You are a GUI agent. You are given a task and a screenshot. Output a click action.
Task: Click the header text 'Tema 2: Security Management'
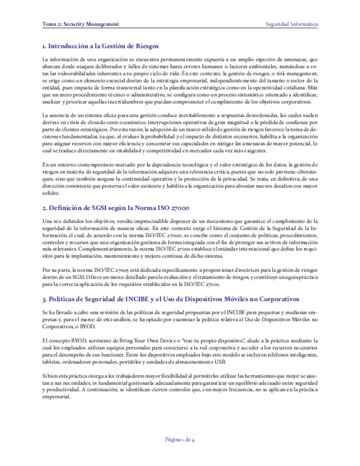click(x=80, y=25)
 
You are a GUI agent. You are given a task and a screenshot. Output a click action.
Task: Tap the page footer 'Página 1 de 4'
click(x=180, y=439)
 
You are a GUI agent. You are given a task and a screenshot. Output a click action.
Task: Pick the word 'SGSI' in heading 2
click(x=99, y=208)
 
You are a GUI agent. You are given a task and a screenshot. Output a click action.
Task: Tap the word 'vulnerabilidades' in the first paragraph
click(x=78, y=73)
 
